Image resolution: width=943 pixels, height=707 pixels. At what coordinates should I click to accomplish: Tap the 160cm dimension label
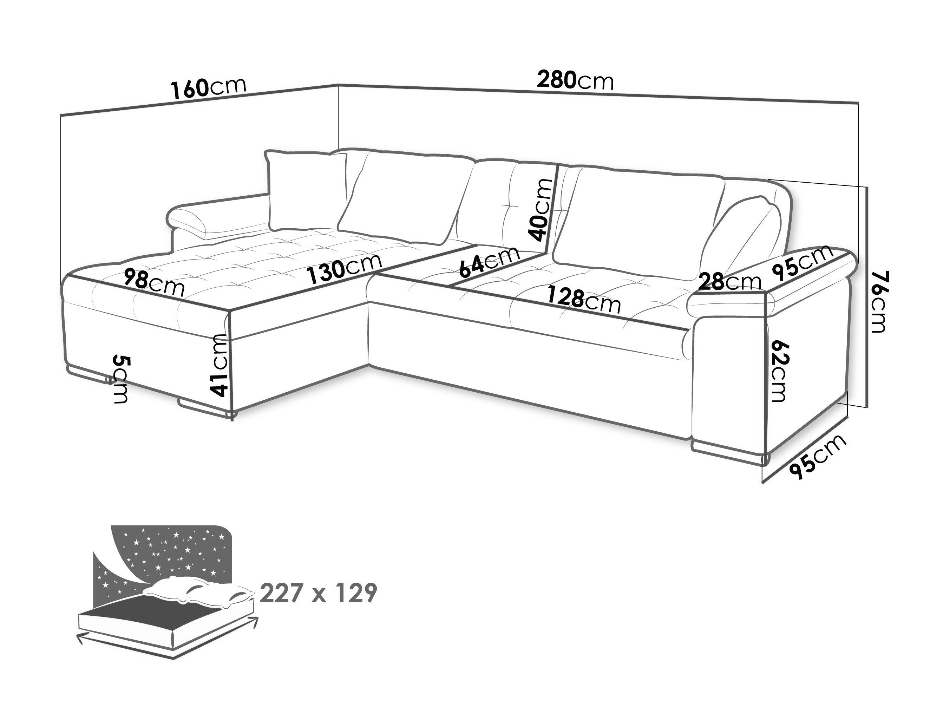209,89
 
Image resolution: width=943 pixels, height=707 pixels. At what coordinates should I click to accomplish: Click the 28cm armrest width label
730,282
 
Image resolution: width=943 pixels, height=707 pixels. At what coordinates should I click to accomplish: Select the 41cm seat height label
220,365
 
